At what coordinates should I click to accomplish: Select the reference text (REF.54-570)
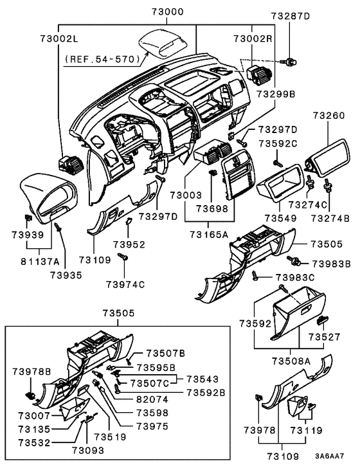click(102, 59)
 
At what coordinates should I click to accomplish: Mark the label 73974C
click(125, 284)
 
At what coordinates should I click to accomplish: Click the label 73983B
click(331, 263)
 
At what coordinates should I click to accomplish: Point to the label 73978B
click(31, 372)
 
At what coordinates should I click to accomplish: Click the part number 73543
click(203, 379)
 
